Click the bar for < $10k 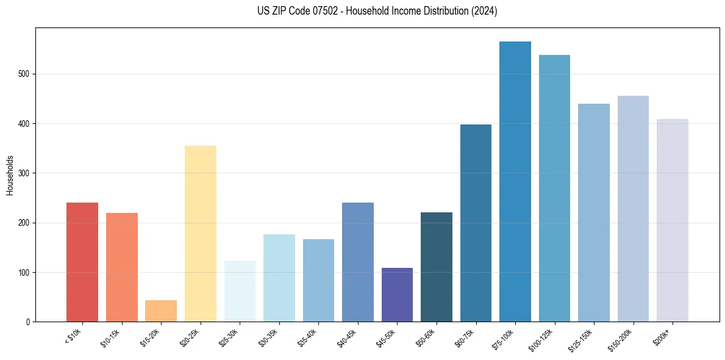[x=82, y=262]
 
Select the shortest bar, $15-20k [x=161, y=311]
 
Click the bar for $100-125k [x=554, y=189]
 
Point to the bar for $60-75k [x=476, y=223]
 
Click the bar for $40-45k [x=357, y=262]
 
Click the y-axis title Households [x=10, y=175]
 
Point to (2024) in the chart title [x=484, y=11]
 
